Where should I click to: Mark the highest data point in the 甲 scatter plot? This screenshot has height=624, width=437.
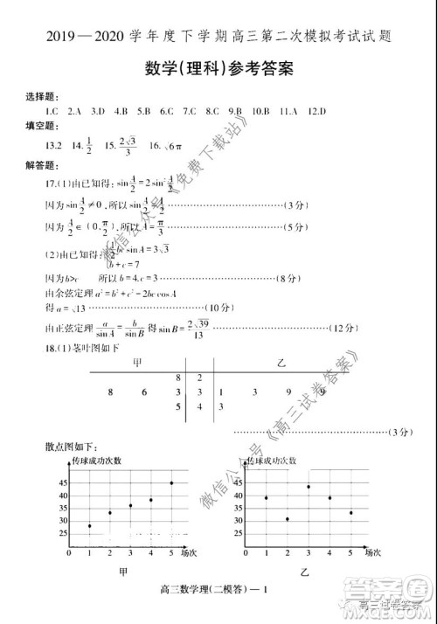point(171,482)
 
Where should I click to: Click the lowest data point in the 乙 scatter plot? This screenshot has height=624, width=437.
point(288,519)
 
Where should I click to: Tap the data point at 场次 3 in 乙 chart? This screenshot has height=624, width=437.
point(309,486)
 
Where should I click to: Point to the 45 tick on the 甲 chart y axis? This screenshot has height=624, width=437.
point(64,482)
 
